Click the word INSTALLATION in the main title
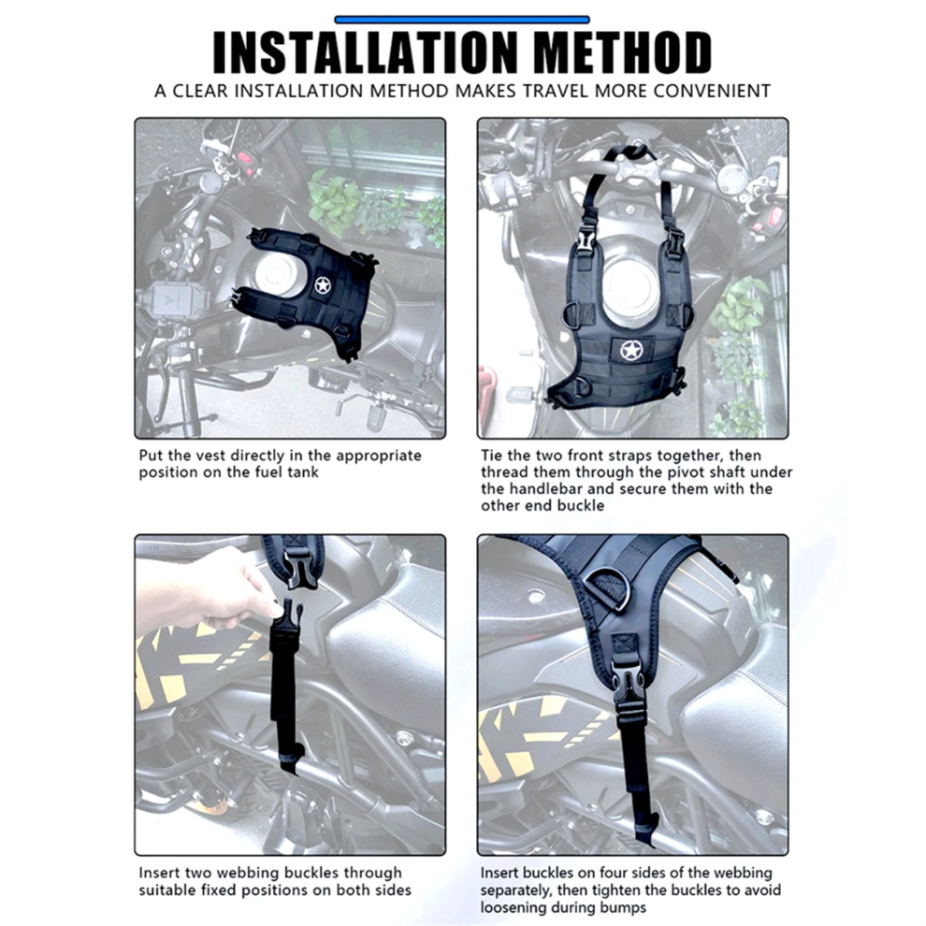(x=366, y=52)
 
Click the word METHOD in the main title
(x=622, y=52)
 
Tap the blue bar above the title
(x=462, y=20)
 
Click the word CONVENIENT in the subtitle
(x=712, y=91)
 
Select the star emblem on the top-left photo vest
(x=322, y=286)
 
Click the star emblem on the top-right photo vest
(x=630, y=350)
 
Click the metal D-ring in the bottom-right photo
(x=608, y=589)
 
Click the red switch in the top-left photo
(x=243, y=159)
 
